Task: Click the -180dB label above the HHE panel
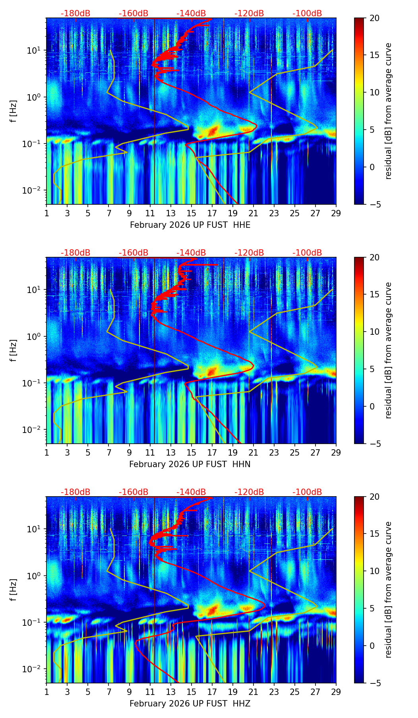(x=75, y=14)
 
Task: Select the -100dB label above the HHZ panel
(x=307, y=492)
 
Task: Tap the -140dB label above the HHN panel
(x=191, y=253)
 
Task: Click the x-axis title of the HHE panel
(x=190, y=225)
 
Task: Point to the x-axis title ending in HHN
(x=190, y=464)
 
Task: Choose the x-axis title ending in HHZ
(x=190, y=704)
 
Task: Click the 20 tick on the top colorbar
(x=375, y=18)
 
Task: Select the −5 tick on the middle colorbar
(x=375, y=444)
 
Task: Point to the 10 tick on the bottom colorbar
(x=375, y=571)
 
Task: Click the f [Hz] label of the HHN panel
(x=14, y=350)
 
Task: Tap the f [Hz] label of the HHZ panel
(x=14, y=590)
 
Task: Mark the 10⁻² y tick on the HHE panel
(x=35, y=190)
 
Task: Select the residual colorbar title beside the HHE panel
(x=389, y=111)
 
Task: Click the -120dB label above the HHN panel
(x=249, y=253)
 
